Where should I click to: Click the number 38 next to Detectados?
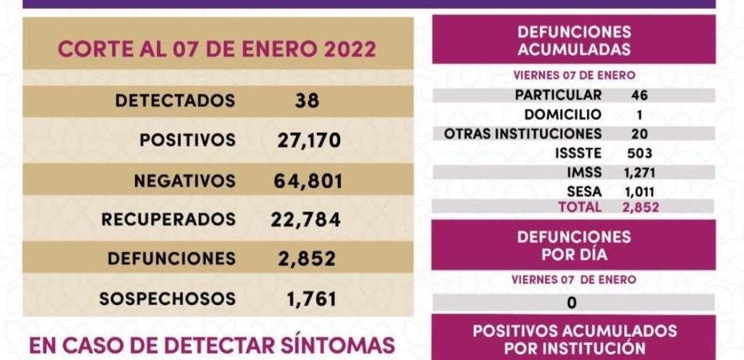tap(306, 101)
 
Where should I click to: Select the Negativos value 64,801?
tap(307, 180)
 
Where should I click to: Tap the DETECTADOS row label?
tap(175, 101)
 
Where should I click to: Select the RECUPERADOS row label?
tap(169, 218)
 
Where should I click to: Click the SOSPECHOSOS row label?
tap(167, 298)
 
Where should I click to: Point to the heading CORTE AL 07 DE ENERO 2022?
tap(216, 49)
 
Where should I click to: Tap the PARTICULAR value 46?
tap(639, 94)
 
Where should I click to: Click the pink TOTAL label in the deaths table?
tap(582, 207)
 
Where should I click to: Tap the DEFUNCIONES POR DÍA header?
tap(574, 246)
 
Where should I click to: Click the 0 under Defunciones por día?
tap(571, 302)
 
